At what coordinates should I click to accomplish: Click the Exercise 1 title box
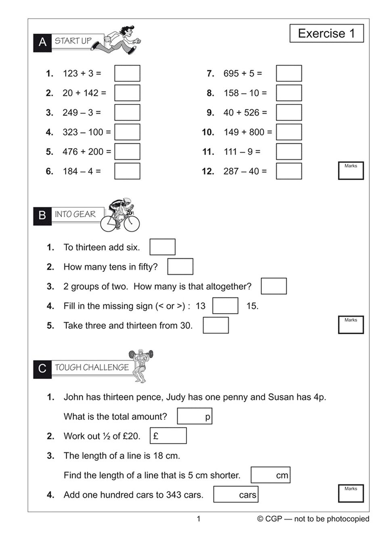326,33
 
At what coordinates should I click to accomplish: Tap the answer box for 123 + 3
127,73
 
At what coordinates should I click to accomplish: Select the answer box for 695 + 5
289,73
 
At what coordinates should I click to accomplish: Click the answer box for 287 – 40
289,171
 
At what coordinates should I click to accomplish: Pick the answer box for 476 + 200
127,152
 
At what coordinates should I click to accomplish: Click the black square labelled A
42,42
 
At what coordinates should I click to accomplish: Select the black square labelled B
42,216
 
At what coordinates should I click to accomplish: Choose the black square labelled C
42,369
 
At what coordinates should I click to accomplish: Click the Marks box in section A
350,171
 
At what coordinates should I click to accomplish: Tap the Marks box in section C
350,493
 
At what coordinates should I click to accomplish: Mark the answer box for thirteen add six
162,247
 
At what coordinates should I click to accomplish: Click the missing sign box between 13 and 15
225,306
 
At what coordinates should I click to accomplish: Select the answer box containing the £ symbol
168,436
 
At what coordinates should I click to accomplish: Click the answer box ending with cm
270,475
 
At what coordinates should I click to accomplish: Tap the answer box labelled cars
235,495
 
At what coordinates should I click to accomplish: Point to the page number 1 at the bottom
198,519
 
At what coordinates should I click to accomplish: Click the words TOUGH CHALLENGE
92,367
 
